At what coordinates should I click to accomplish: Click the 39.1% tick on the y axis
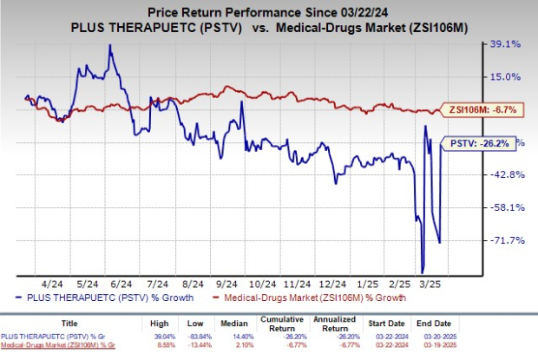504,43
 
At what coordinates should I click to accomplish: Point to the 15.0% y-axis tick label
504,76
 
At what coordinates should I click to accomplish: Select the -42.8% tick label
504,174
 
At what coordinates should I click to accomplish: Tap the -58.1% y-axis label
504,207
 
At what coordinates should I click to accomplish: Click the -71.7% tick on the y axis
504,240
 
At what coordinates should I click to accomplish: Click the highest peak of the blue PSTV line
110,45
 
